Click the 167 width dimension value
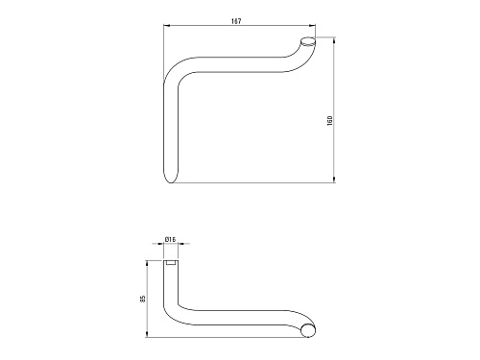click(x=236, y=21)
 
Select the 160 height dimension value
click(x=330, y=120)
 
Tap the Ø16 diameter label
click(x=170, y=239)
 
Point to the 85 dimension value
click(x=143, y=299)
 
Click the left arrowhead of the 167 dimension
click(x=166, y=26)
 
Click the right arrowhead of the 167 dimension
click(x=312, y=26)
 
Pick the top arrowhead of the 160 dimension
click(x=334, y=40)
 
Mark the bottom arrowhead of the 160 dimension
click(x=334, y=180)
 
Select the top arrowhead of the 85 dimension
click(x=147, y=264)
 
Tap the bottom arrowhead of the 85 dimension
click(x=147, y=334)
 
